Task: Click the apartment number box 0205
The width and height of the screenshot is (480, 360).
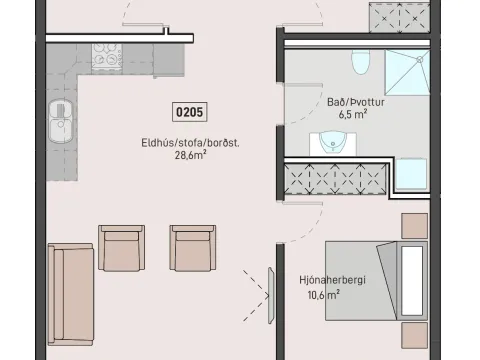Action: [190, 112]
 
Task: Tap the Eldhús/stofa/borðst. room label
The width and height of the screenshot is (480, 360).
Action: [190, 143]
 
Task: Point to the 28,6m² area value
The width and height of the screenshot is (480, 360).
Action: [191, 155]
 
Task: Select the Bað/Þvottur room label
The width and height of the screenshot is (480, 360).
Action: [356, 102]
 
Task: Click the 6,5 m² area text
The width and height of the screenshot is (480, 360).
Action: [353, 114]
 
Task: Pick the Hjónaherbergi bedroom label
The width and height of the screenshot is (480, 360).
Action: [332, 280]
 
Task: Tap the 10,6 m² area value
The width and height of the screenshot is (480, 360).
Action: [324, 295]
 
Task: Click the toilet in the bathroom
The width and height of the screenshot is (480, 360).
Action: [361, 62]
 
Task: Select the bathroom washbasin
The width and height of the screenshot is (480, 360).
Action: [333, 143]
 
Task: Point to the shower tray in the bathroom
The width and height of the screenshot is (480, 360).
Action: [407, 72]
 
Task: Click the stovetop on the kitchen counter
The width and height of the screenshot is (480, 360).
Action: [107, 57]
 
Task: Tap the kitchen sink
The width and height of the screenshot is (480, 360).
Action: [60, 121]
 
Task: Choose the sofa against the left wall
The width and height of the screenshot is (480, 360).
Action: [70, 294]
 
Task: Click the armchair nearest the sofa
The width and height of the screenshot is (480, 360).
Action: [121, 248]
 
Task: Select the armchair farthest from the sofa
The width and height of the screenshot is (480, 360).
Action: [193, 248]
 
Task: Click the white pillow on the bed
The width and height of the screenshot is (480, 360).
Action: [412, 281]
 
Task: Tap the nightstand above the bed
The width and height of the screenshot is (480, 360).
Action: [414, 226]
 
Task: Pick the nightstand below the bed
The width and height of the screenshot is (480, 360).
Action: [414, 336]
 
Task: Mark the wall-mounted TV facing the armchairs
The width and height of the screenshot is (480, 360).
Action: [271, 296]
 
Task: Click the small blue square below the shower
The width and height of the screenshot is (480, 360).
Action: [411, 174]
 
